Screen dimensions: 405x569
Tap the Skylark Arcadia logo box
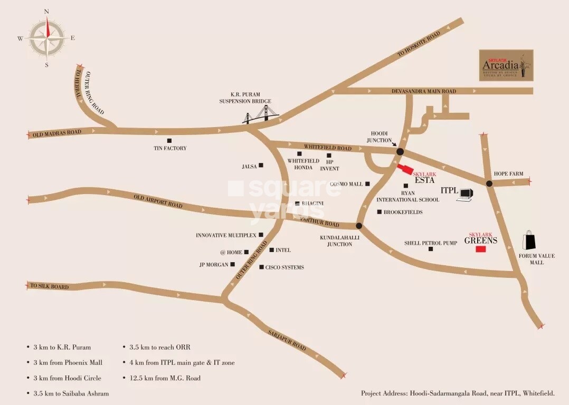pos(506,65)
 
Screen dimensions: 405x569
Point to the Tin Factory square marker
pos(169,141)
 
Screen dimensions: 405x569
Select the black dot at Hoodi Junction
pos(400,152)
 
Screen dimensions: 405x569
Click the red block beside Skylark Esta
pos(405,169)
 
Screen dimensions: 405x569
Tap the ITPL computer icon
pos(465,195)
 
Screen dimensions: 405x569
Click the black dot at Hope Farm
pos(489,184)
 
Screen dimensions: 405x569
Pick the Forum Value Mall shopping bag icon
pos(529,240)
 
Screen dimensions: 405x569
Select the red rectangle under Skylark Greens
pos(480,249)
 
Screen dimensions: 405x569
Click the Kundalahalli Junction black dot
pos(359,226)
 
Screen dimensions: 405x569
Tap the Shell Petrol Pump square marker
pos(431,249)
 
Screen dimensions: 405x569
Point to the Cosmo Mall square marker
pos(367,184)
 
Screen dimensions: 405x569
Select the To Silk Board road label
pos(50,286)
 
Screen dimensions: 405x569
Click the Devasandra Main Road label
pos(423,91)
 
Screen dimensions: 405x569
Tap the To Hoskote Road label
pos(419,44)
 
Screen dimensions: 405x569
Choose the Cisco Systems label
pos(284,267)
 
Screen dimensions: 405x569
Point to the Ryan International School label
pos(407,196)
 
